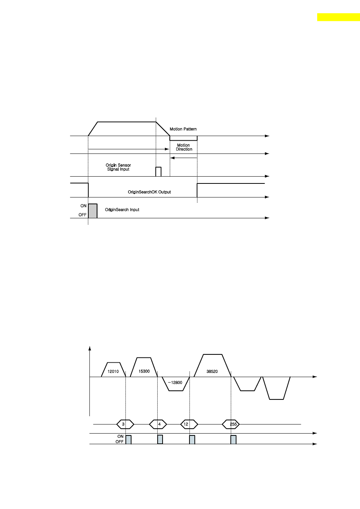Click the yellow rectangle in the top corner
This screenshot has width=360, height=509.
pyautogui.click(x=338, y=17)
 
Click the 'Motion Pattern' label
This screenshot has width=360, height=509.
pyautogui.click(x=183, y=129)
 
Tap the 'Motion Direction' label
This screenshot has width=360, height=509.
pyautogui.click(x=184, y=147)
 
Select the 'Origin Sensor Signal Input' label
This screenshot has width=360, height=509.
pyautogui.click(x=118, y=167)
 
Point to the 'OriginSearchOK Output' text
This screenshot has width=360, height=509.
pyautogui.click(x=149, y=192)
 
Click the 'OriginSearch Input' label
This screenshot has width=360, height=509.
pyautogui.click(x=122, y=210)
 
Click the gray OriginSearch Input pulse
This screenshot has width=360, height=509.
pyautogui.click(x=93, y=211)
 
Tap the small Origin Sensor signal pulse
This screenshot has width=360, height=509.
pyautogui.click(x=158, y=172)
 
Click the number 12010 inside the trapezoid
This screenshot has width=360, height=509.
pyautogui.click(x=113, y=371)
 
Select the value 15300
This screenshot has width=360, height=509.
pyautogui.click(x=144, y=371)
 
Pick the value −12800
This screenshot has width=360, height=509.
pyautogui.click(x=175, y=382)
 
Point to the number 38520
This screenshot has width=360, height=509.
pyautogui.click(x=212, y=371)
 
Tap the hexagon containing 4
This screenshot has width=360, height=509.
pyautogui.click(x=158, y=424)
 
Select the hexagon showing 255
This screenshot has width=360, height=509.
pyautogui.click(x=231, y=424)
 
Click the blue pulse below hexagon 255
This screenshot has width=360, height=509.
pyautogui.click(x=233, y=440)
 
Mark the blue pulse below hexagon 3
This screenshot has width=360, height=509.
pyautogui.click(x=128, y=440)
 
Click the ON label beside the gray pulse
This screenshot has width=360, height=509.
pyautogui.click(x=83, y=206)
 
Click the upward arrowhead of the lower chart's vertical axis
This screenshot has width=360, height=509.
pyautogui.click(x=89, y=348)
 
